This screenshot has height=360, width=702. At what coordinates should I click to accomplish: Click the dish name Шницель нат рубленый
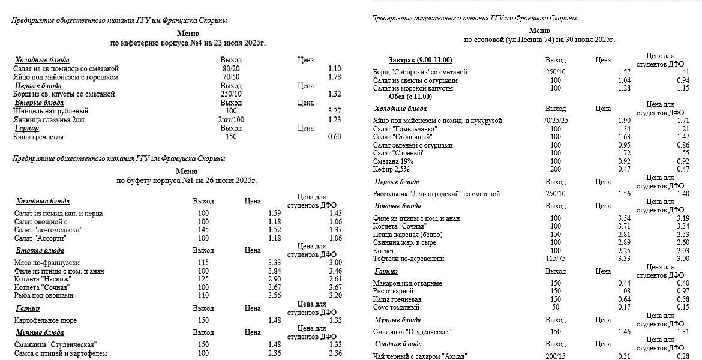[50, 111]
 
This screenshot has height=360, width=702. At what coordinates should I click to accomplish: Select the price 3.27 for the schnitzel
[335, 111]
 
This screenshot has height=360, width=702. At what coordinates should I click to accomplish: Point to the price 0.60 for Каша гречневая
[335, 137]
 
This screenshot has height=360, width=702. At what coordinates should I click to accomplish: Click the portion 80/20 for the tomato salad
[230, 69]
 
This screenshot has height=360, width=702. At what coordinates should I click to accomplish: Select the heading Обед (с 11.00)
[410, 97]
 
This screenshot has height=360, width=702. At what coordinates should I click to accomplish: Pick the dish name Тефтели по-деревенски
[409, 259]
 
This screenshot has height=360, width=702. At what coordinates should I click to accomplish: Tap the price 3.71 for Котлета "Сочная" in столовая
[624, 226]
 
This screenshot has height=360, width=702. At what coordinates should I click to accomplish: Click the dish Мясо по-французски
[47, 263]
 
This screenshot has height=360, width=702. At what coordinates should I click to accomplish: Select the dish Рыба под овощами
[44, 296]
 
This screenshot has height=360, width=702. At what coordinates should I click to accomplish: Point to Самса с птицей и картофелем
[60, 353]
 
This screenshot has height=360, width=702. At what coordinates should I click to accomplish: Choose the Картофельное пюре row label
[46, 320]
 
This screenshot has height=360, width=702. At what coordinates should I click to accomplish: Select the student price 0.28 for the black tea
[683, 356]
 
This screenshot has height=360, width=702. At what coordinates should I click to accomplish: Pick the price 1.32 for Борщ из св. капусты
[335, 94]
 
